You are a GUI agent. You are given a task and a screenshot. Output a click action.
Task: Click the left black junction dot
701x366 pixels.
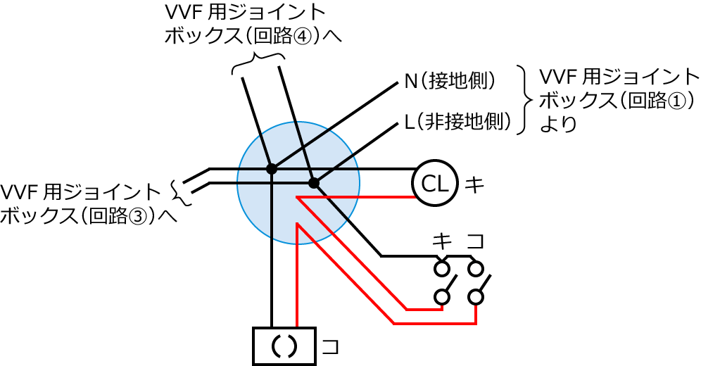(271, 169)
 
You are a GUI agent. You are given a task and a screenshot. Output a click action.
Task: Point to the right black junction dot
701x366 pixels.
(314, 184)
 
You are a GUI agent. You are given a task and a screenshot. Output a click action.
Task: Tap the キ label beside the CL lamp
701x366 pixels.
(474, 184)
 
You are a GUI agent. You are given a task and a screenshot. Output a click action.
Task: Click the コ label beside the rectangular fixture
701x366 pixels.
(329, 346)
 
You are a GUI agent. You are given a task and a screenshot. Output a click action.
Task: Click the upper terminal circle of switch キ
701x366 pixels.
(442, 268)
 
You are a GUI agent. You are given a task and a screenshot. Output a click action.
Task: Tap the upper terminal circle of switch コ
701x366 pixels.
(476, 268)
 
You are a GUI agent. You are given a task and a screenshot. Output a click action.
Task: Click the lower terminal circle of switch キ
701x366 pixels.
(442, 297)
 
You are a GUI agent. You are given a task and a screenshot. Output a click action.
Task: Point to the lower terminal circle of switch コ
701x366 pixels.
(476, 297)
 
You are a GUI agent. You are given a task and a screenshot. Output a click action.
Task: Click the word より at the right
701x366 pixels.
(558, 124)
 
